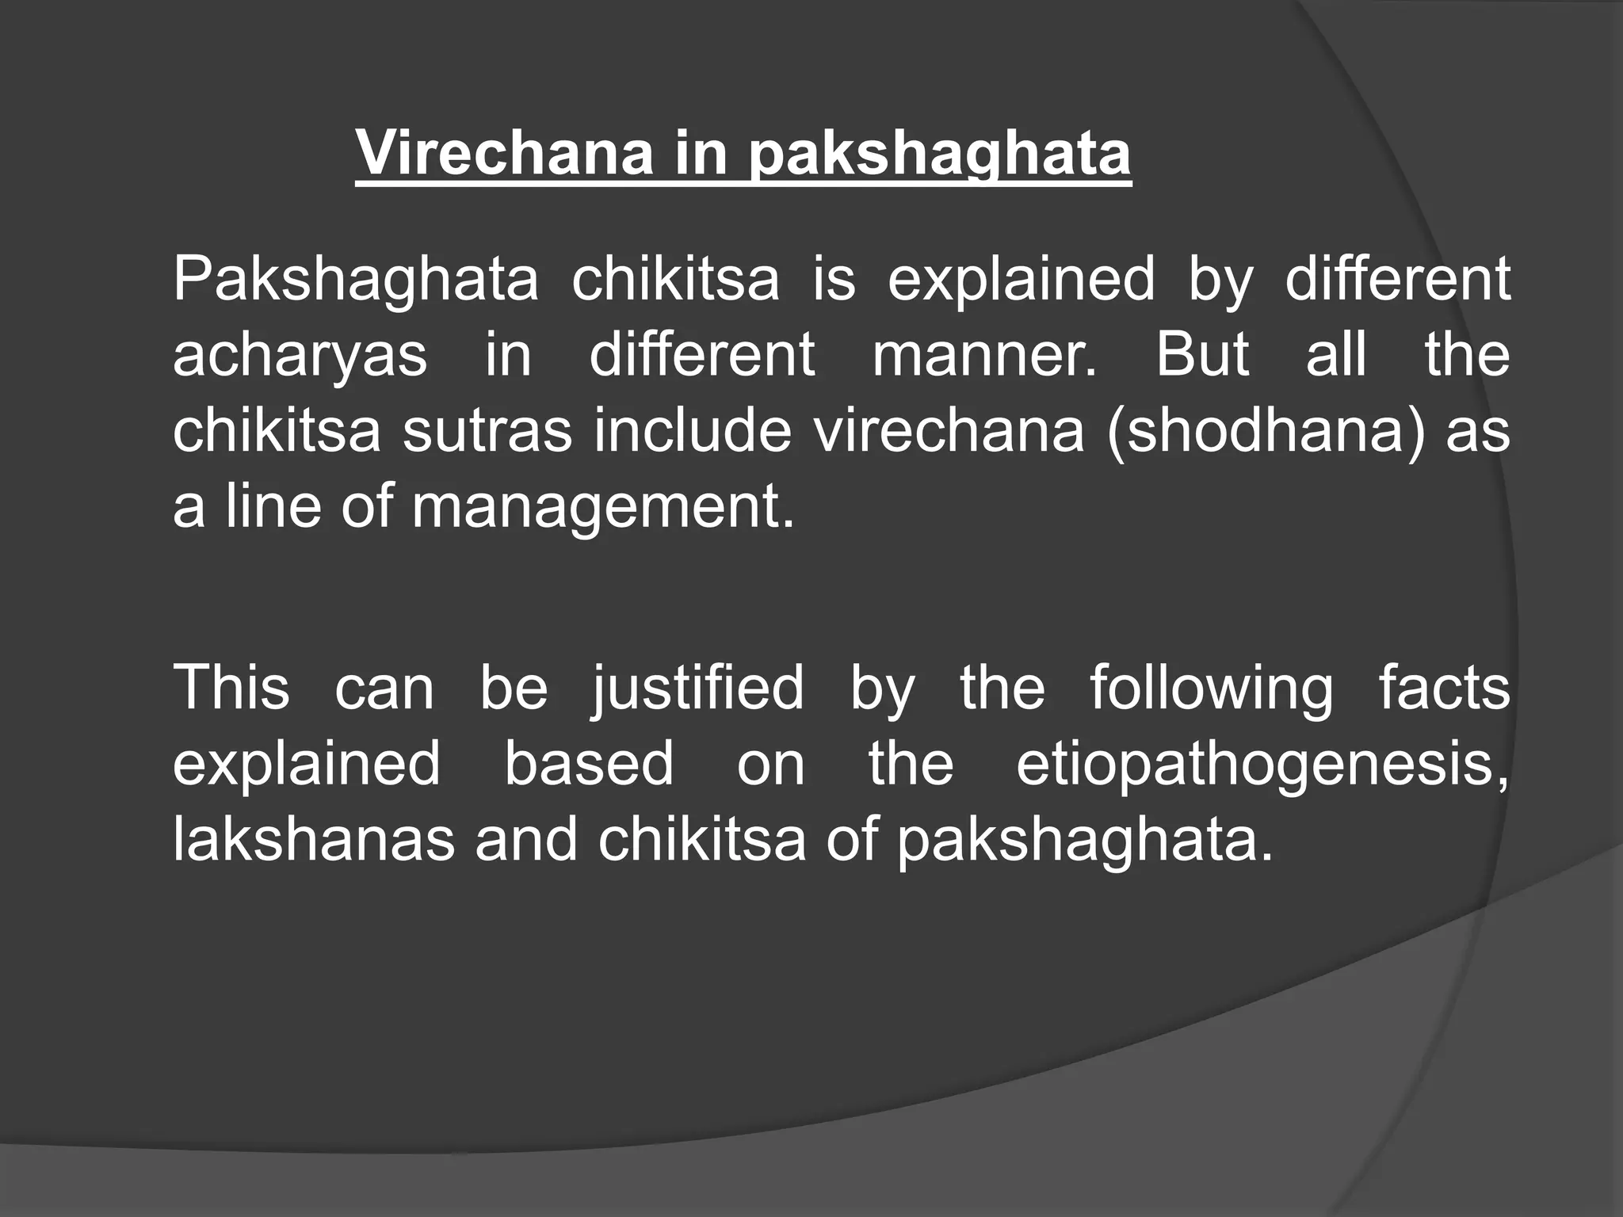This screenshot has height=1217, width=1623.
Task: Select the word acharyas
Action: pos(300,356)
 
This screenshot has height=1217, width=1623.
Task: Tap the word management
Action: pos(602,508)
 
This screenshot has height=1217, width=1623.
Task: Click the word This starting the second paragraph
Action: pos(231,687)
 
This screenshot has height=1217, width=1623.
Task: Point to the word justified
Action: pos(697,689)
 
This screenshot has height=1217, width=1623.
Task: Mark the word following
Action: pos(1211,689)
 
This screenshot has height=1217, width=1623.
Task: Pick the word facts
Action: pos(1444,687)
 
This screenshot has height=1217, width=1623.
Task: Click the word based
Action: pos(589,763)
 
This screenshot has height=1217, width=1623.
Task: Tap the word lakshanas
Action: pos(314,839)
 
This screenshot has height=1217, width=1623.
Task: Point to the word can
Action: pos(384,689)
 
